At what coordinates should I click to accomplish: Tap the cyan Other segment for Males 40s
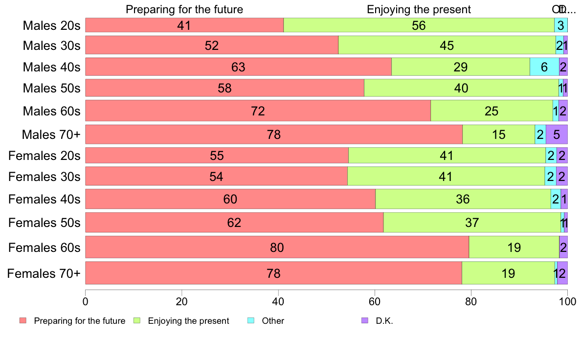(544, 67)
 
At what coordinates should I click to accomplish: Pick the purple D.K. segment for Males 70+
(557, 135)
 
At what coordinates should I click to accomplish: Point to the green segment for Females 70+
(508, 273)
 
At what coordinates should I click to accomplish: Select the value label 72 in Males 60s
(258, 111)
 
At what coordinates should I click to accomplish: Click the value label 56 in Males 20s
(419, 25)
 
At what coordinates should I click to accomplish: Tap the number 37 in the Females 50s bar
(471, 223)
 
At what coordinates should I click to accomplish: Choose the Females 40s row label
(44, 200)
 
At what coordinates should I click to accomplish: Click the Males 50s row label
(51, 89)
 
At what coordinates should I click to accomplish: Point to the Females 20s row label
(44, 156)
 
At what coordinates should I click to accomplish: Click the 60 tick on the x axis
(375, 301)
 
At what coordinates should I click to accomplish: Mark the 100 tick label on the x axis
(567, 301)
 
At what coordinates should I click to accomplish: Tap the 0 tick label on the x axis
(86, 301)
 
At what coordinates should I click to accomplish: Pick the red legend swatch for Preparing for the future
(22, 321)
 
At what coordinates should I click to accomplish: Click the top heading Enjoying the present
(419, 9)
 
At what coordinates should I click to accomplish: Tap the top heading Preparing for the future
(184, 9)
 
